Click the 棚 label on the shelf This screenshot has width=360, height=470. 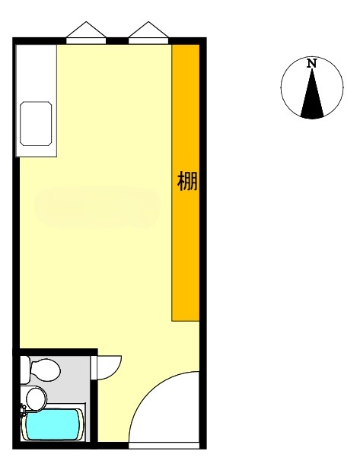pyautogui.click(x=187, y=181)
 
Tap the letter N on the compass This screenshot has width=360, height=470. pyautogui.click(x=312, y=64)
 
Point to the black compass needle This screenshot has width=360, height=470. pyautogui.click(x=312, y=93)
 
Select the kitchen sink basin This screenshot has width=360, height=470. pyautogui.click(x=36, y=124)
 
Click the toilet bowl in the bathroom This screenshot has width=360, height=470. pyautogui.click(x=46, y=370)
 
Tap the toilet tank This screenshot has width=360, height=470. pyautogui.click(x=25, y=370)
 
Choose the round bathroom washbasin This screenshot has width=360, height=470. pyautogui.click(x=37, y=399)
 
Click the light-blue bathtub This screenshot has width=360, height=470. pyautogui.click(x=53, y=424)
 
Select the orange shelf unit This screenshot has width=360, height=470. pyautogui.click(x=186, y=183)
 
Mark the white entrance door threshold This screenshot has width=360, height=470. pyautogui.click(x=164, y=446)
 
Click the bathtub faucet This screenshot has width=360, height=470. pyautogui.click(x=23, y=411)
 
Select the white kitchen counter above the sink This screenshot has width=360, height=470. pyautogui.click(x=37, y=73)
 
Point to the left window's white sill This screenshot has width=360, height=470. pyautogui.click(x=86, y=41)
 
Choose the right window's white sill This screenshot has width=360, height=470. pyautogui.click(x=148, y=41)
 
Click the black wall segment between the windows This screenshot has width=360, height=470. pyautogui.click(x=117, y=41)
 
